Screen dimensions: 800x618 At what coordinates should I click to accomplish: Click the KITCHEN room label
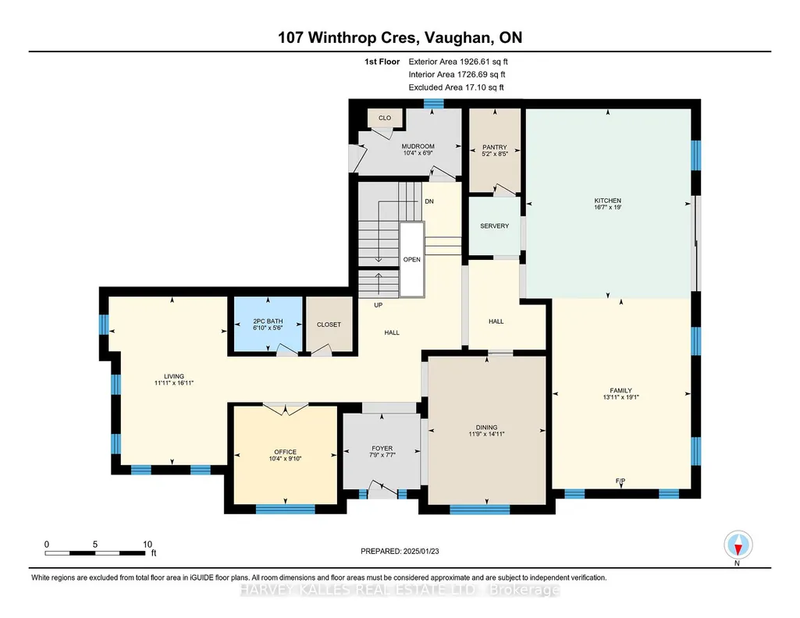[607, 201]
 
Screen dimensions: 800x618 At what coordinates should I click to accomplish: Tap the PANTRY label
[494, 147]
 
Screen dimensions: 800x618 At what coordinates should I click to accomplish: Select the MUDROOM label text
[418, 147]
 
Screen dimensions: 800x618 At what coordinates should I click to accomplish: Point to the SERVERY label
[494, 226]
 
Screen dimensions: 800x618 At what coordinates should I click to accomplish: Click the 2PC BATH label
[268, 321]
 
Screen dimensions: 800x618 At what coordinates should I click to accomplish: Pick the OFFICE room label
[285, 452]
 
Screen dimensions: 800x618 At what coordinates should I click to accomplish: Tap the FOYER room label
[382, 449]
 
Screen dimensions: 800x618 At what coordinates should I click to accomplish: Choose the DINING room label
[486, 428]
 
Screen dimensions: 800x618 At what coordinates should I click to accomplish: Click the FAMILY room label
[621, 391]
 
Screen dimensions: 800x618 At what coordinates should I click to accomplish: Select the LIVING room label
[174, 376]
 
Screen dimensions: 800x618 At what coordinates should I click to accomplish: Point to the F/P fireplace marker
[620, 481]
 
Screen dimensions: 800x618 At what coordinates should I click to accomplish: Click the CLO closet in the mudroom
[385, 118]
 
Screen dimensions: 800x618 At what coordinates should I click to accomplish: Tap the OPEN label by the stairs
[412, 260]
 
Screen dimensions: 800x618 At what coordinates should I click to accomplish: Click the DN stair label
[429, 201]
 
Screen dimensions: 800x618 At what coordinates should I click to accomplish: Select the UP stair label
[378, 305]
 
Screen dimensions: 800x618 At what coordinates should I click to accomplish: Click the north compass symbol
[738, 545]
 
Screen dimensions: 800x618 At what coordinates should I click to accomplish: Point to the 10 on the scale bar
[148, 545]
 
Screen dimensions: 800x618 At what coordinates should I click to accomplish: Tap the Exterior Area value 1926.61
[475, 62]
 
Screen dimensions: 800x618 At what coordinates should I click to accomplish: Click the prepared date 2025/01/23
[421, 551]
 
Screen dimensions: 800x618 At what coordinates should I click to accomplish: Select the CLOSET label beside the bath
[329, 325]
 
